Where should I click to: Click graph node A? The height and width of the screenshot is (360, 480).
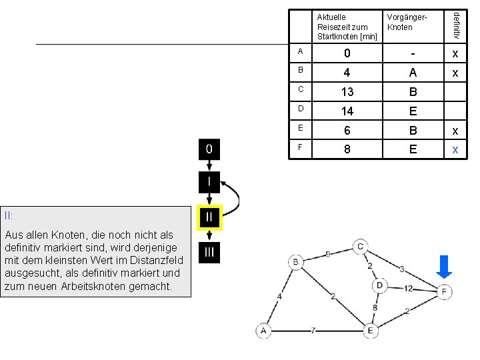(x=263, y=331)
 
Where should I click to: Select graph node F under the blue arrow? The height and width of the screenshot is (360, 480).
(x=444, y=292)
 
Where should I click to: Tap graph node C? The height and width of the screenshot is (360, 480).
(x=360, y=247)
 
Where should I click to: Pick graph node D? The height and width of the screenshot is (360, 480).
(x=379, y=285)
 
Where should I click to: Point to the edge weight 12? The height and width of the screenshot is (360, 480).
(x=408, y=289)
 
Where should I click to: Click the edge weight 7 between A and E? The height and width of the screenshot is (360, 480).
(x=313, y=331)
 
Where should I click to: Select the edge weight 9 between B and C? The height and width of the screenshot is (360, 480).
(x=328, y=254)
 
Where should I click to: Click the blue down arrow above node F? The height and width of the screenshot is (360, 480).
(x=444, y=267)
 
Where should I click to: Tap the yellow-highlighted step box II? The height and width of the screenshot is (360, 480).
(x=209, y=217)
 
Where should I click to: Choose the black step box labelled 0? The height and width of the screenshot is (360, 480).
(x=209, y=149)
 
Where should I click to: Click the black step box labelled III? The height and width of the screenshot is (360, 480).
(x=209, y=253)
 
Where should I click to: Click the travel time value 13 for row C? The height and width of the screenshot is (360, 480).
(x=347, y=92)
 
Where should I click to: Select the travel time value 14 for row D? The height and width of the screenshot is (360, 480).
(x=347, y=111)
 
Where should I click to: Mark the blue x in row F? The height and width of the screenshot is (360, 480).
(x=455, y=150)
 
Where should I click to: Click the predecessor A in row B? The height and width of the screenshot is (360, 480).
(x=413, y=73)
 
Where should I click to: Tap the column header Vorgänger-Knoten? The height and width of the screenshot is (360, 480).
(x=407, y=22)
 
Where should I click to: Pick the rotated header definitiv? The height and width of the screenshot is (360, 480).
(x=456, y=25)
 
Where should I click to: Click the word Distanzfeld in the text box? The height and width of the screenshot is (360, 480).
(x=157, y=260)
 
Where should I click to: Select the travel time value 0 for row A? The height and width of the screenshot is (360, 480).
(x=347, y=53)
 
